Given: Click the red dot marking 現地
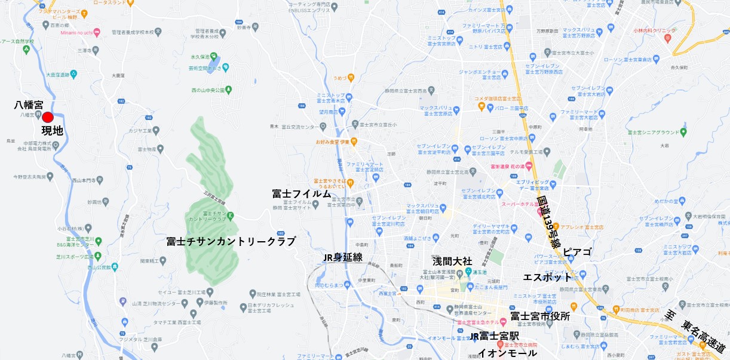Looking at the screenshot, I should [48, 118].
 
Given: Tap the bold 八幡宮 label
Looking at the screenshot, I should [29, 105].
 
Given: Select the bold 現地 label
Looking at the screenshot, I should [52, 131].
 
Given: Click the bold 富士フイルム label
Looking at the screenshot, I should [301, 194].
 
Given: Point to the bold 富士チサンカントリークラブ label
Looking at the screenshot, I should [231, 242].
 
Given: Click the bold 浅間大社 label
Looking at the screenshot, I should [452, 261].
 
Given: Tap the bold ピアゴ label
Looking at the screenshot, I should [577, 253].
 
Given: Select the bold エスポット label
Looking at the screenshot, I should [547, 278].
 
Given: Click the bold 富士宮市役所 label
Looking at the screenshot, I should [540, 315].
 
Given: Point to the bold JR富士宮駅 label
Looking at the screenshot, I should [495, 337].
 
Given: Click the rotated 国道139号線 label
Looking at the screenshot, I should [548, 221].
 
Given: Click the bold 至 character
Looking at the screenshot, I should [670, 314].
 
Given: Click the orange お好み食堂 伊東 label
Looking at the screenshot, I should [332, 141].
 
